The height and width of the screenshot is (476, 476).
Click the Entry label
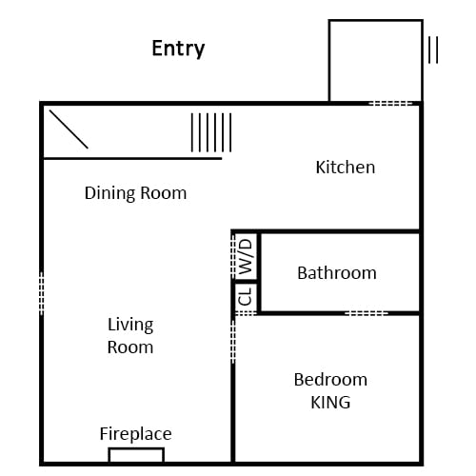tap(178, 49)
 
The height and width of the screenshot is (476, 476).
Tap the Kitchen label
tap(346, 168)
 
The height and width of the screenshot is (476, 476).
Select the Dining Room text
tap(135, 193)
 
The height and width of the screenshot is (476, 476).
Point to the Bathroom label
tap(337, 273)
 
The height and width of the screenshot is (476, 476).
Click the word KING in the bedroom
tap(330, 403)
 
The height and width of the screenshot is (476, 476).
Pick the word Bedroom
tap(330, 380)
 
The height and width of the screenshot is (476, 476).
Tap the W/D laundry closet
tap(247, 257)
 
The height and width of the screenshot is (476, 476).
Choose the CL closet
tap(247, 297)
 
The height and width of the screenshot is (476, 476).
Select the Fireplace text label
tap(135, 434)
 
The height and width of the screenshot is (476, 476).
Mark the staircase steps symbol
tap(211, 132)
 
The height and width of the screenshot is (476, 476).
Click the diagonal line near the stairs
tap(69, 129)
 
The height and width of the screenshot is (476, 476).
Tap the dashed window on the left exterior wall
tap(41, 293)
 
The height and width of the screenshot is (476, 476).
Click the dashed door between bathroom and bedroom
tap(367, 313)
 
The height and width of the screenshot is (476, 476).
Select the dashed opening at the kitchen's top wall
tap(390, 104)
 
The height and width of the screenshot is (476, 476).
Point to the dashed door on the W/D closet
tap(233, 256)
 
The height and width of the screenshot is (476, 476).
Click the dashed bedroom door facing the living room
tap(233, 341)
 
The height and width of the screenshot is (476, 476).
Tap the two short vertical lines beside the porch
tap(433, 50)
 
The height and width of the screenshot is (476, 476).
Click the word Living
tap(130, 326)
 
